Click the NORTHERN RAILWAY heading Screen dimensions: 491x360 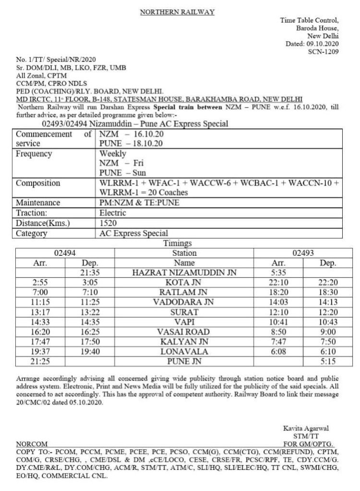tap(177, 12)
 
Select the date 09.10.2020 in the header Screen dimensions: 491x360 tap(325, 44)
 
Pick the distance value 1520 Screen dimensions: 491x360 tap(108, 223)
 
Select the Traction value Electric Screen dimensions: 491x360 tap(113, 213)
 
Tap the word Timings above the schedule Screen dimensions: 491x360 tap(178, 244)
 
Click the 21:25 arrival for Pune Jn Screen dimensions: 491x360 tap(39, 360)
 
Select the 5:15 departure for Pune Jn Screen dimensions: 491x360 tap(329, 360)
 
